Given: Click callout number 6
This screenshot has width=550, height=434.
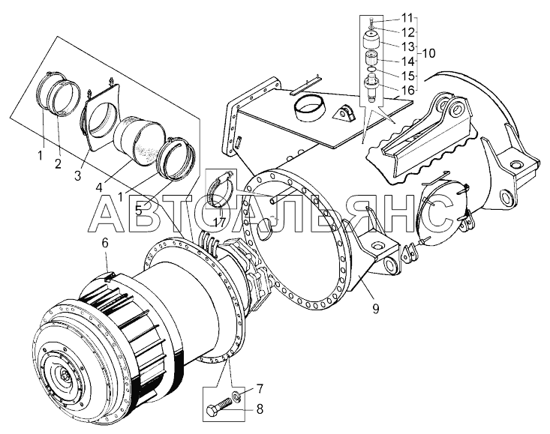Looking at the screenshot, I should point(104,243).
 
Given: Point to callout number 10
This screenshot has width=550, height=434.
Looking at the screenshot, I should point(428,53).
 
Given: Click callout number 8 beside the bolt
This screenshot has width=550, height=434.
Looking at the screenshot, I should point(260,409).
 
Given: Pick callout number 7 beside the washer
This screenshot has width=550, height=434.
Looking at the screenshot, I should point(260,389).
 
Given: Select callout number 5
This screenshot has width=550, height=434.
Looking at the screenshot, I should point(138,210).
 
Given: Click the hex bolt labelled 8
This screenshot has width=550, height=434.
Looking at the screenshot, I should point(215,411).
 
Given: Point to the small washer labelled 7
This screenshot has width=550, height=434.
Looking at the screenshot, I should point(236,395).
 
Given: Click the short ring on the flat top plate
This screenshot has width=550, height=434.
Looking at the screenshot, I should point(308,109).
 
